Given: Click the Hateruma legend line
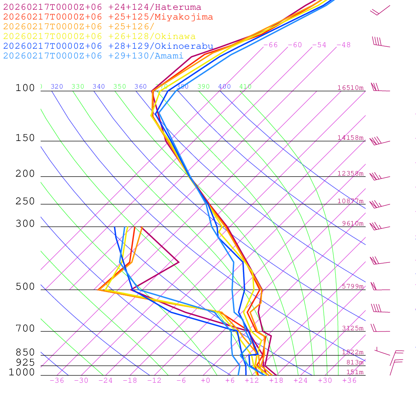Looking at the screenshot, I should [102, 7].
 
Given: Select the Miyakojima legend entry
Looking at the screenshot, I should [108, 17].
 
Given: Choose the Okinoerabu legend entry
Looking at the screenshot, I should [108, 46].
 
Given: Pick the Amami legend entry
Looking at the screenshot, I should [93, 56].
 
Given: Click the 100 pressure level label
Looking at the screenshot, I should [25, 88].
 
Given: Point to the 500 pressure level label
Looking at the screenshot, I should [25, 287].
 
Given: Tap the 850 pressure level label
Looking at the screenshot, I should [25, 353].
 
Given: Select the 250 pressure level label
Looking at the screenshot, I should [25, 201].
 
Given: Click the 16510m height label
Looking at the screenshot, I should [350, 88].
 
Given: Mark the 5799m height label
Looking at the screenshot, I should [353, 286].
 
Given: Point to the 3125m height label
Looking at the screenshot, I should [353, 328].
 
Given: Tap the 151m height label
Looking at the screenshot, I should [355, 373].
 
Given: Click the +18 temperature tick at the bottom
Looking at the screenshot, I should [276, 381].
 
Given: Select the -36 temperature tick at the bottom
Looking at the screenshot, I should [56, 381].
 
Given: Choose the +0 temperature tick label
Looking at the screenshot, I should [206, 381].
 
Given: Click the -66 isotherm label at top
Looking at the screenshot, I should [270, 45].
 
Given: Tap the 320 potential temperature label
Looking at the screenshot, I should [57, 87].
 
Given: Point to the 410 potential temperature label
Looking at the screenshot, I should [245, 87].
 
